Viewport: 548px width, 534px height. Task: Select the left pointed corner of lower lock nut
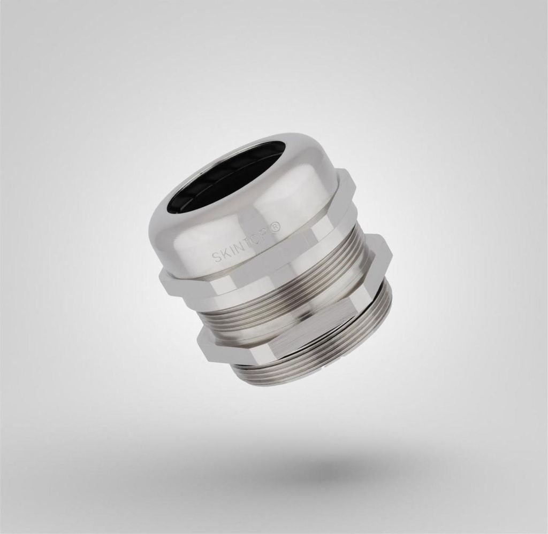[198, 344]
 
